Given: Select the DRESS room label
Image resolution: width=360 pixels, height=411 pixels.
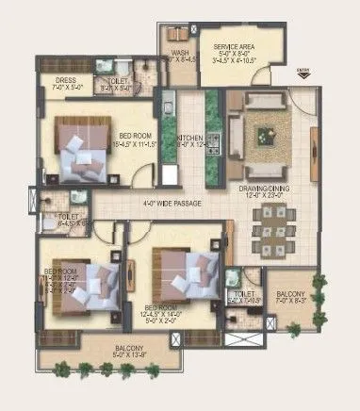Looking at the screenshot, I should point(65,81).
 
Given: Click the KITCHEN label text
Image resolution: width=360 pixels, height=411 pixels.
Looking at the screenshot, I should point(191,138).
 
